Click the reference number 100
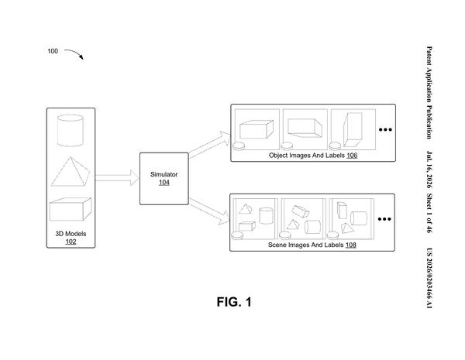click(x=53, y=51)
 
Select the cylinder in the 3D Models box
click(x=70, y=130)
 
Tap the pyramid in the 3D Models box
click(x=71, y=172)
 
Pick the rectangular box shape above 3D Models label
click(x=71, y=209)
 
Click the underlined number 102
click(x=71, y=242)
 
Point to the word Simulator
click(x=164, y=174)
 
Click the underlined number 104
click(x=164, y=183)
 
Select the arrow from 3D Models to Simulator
click(x=117, y=178)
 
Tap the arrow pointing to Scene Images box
click(x=209, y=211)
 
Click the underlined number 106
click(x=352, y=156)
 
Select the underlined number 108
click(x=350, y=245)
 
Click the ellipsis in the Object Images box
click(x=385, y=129)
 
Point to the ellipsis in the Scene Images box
click(x=384, y=219)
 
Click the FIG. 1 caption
click(x=234, y=302)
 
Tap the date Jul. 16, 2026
click(x=429, y=170)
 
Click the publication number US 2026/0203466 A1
click(x=429, y=278)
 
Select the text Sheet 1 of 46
click(x=429, y=213)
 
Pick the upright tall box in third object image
click(x=353, y=129)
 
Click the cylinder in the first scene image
click(x=266, y=215)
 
